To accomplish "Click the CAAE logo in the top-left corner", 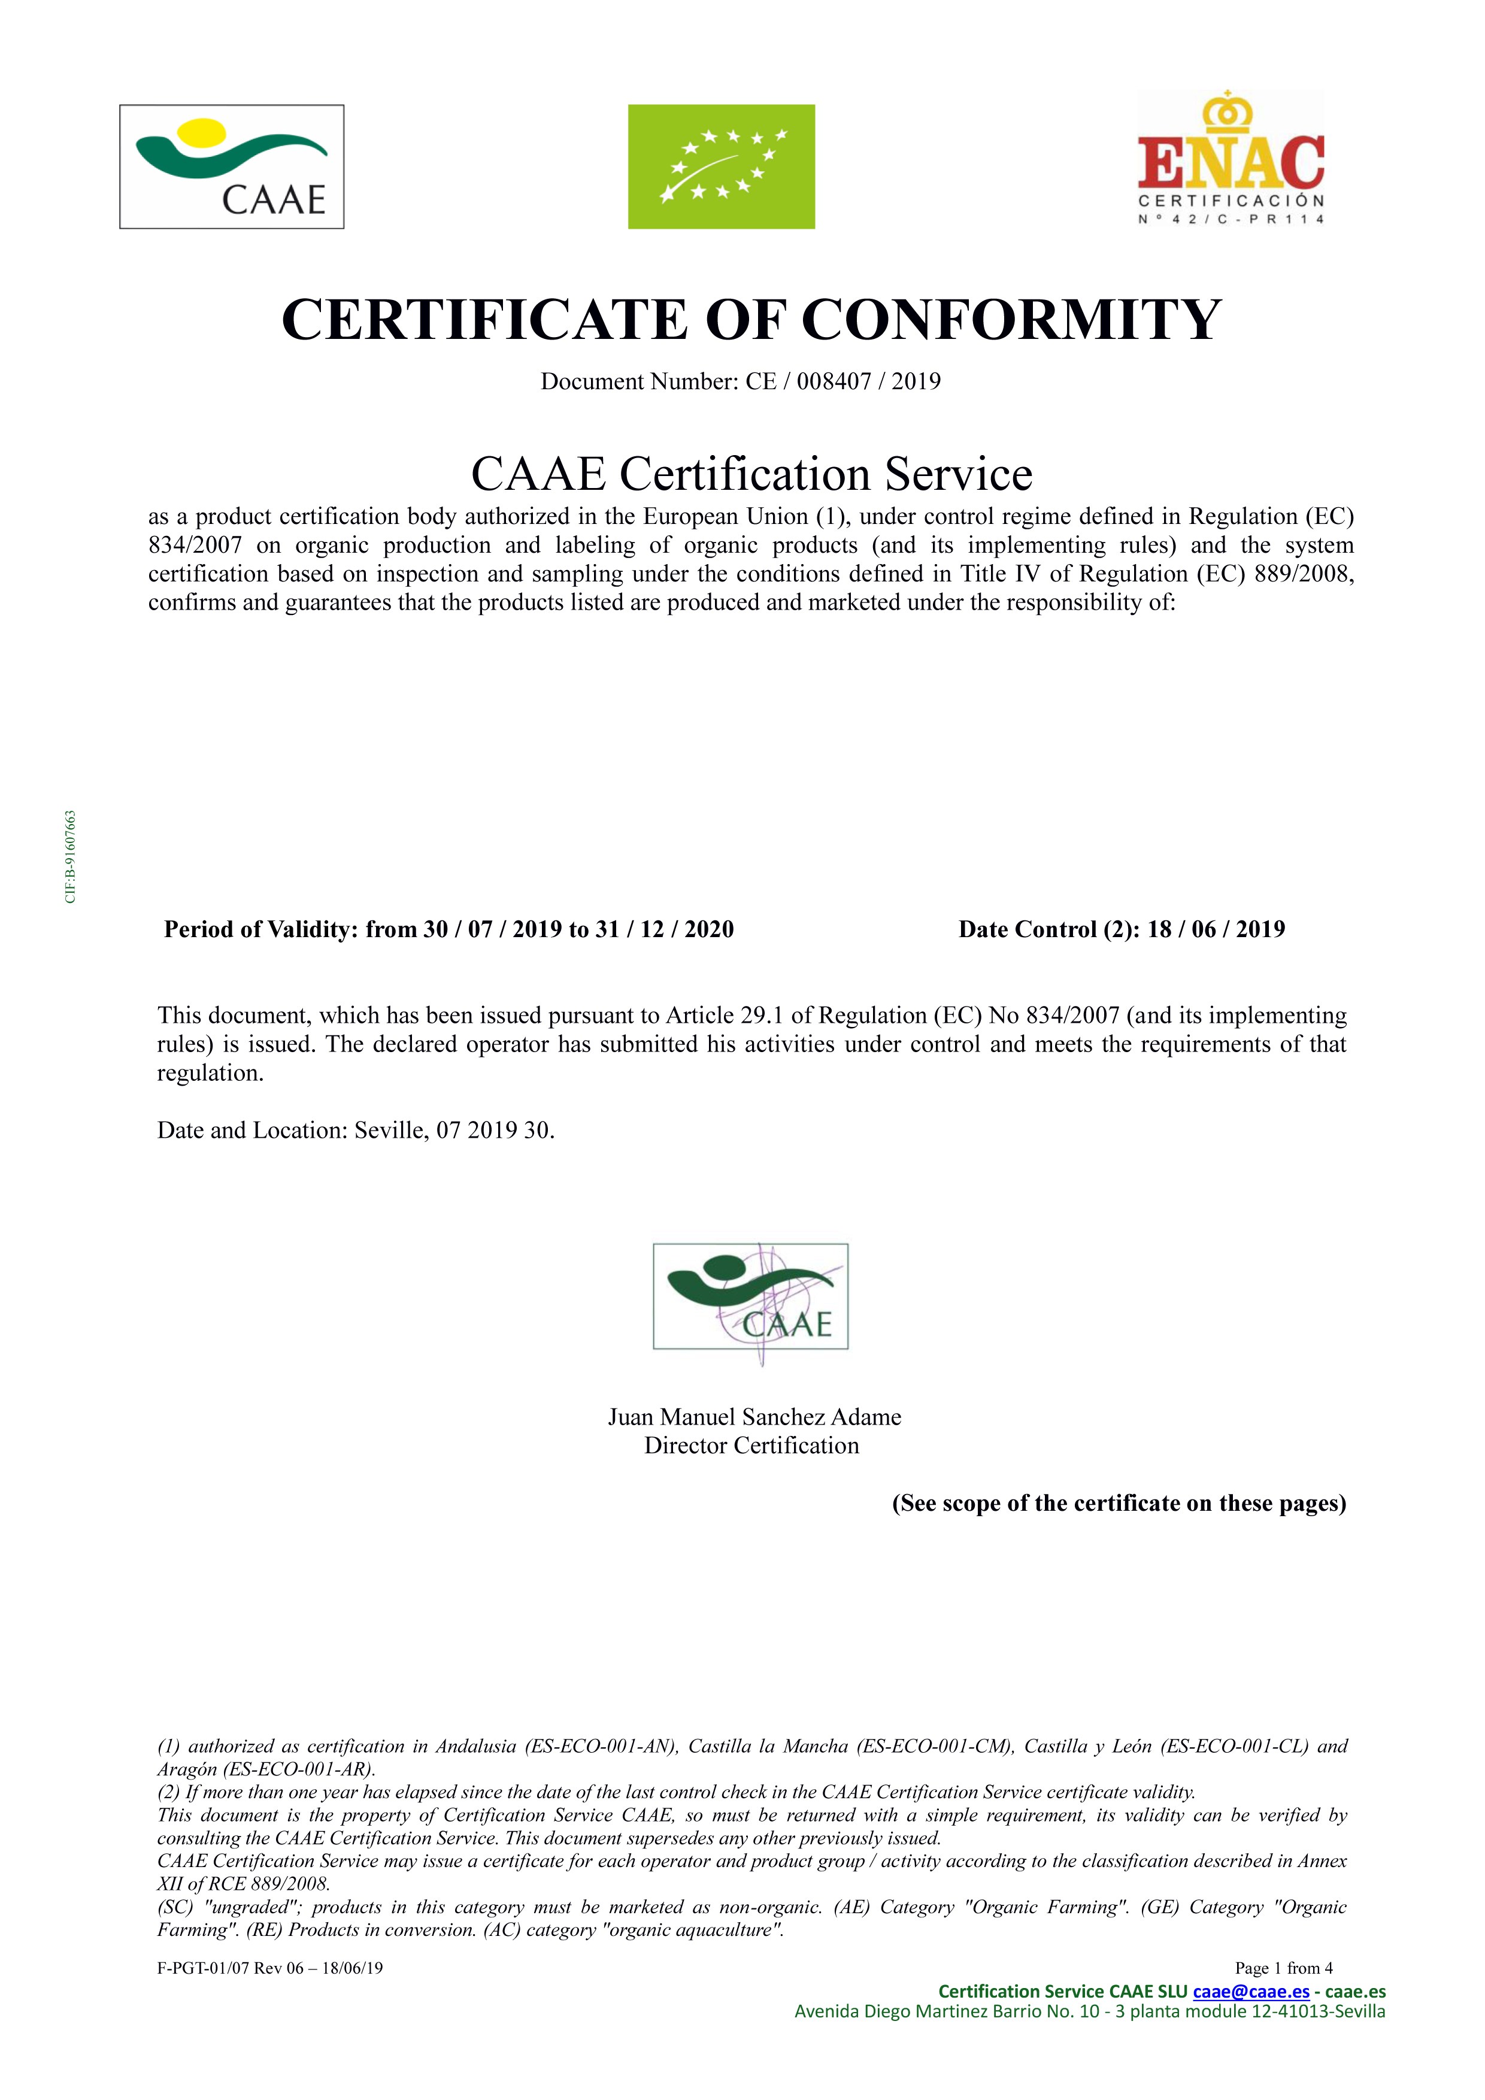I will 231,166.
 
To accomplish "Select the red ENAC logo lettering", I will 1231,161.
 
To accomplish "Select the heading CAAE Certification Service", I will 751,474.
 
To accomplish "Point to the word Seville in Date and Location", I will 390,1131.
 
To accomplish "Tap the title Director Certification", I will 751,1446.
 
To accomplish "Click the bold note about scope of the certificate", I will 1119,1504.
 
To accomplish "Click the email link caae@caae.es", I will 1250,1991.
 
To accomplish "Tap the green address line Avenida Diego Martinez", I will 1089,2011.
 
